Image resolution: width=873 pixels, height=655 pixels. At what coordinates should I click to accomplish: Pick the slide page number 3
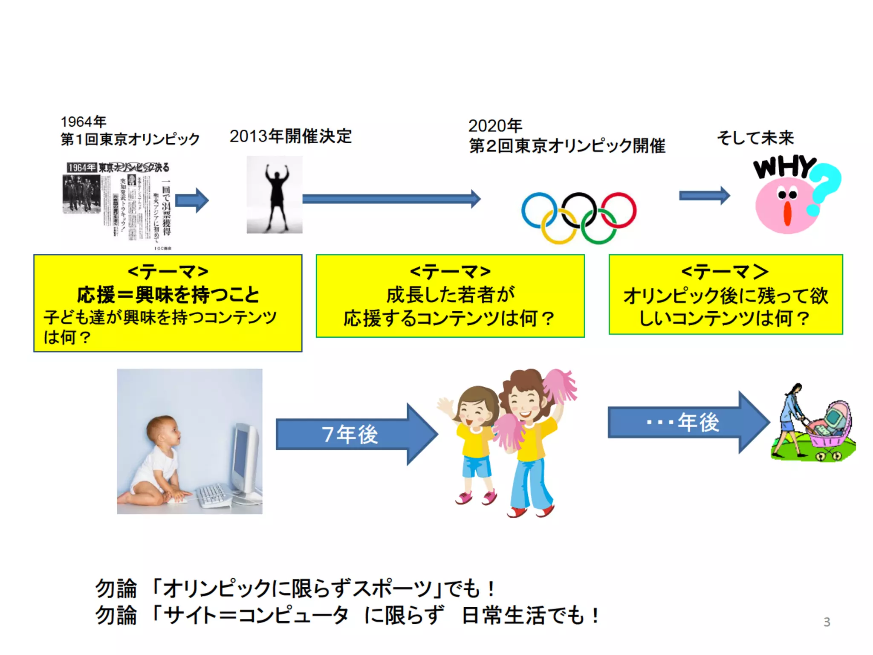[827, 622]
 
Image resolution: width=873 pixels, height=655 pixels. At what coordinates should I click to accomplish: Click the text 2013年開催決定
[290, 136]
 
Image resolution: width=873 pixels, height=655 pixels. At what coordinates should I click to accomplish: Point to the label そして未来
[755, 138]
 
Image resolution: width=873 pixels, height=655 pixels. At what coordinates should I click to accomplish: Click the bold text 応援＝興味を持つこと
[168, 295]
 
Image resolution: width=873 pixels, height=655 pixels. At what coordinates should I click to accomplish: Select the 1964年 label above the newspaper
[83, 122]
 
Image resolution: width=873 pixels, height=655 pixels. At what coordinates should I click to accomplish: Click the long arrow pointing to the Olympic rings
[390, 199]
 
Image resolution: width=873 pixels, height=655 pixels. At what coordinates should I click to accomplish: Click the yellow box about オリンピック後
[726, 294]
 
